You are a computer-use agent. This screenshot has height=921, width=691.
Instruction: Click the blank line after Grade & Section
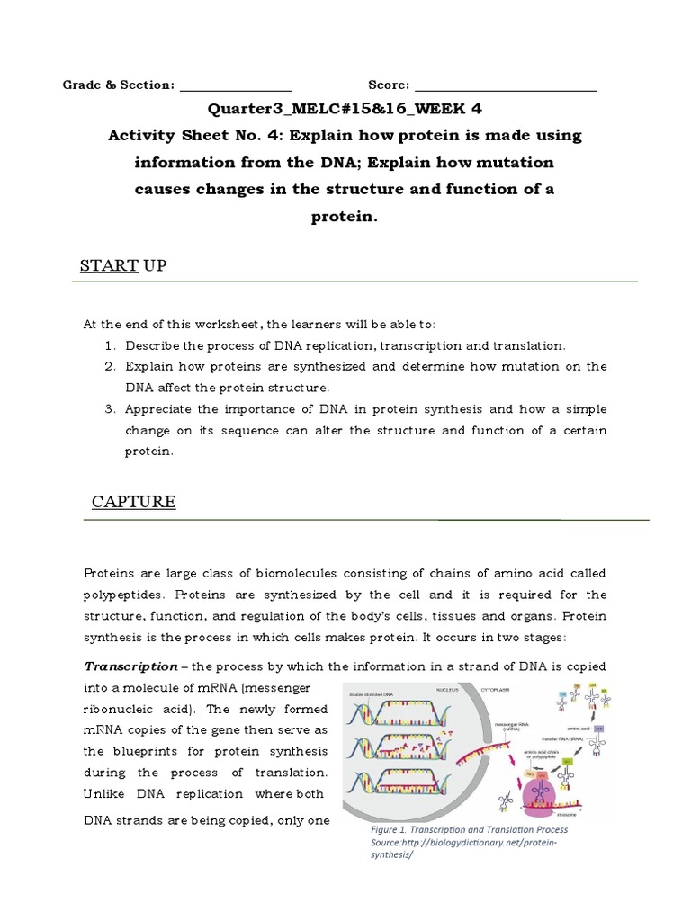coord(236,88)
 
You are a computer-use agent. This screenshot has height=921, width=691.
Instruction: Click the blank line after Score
coord(505,88)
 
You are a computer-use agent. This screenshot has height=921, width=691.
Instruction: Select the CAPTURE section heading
coord(134,502)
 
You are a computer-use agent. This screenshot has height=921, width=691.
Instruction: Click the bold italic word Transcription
coord(131,666)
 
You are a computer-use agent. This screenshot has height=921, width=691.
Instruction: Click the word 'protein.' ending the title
coord(345,217)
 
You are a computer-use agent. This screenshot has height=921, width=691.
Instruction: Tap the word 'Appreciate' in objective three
coord(159,409)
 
